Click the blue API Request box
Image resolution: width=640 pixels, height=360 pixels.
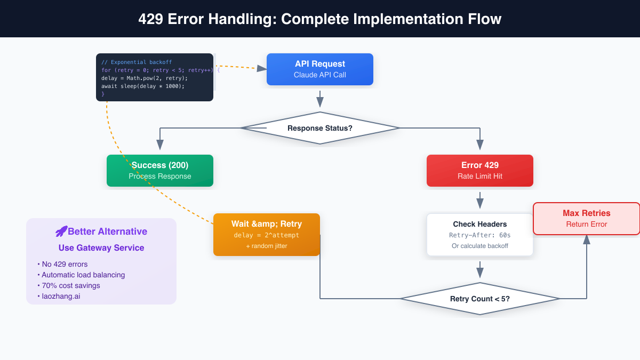click(320, 69)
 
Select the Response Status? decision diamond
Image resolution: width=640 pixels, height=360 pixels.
click(320, 128)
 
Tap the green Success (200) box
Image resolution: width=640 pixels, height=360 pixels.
click(160, 171)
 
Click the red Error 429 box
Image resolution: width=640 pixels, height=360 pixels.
click(480, 171)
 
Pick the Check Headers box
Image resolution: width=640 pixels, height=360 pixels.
click(480, 235)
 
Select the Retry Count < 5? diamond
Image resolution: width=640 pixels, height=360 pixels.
click(480, 299)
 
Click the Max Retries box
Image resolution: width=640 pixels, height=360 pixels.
click(587, 219)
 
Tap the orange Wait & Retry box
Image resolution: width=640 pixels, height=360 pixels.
click(267, 235)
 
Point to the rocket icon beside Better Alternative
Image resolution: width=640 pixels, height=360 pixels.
click(61, 231)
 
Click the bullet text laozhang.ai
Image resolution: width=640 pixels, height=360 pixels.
click(61, 296)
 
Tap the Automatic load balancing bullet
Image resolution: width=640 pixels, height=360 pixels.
click(83, 275)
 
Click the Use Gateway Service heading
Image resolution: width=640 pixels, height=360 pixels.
click(101, 247)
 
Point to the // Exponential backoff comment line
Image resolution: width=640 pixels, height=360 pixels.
click(137, 62)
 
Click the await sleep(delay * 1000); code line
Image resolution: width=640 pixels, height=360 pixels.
click(143, 86)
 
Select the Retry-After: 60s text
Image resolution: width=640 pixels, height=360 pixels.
click(480, 235)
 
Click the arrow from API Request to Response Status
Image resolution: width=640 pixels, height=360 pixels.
click(320, 99)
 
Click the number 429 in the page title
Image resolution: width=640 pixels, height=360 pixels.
click(151, 19)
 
